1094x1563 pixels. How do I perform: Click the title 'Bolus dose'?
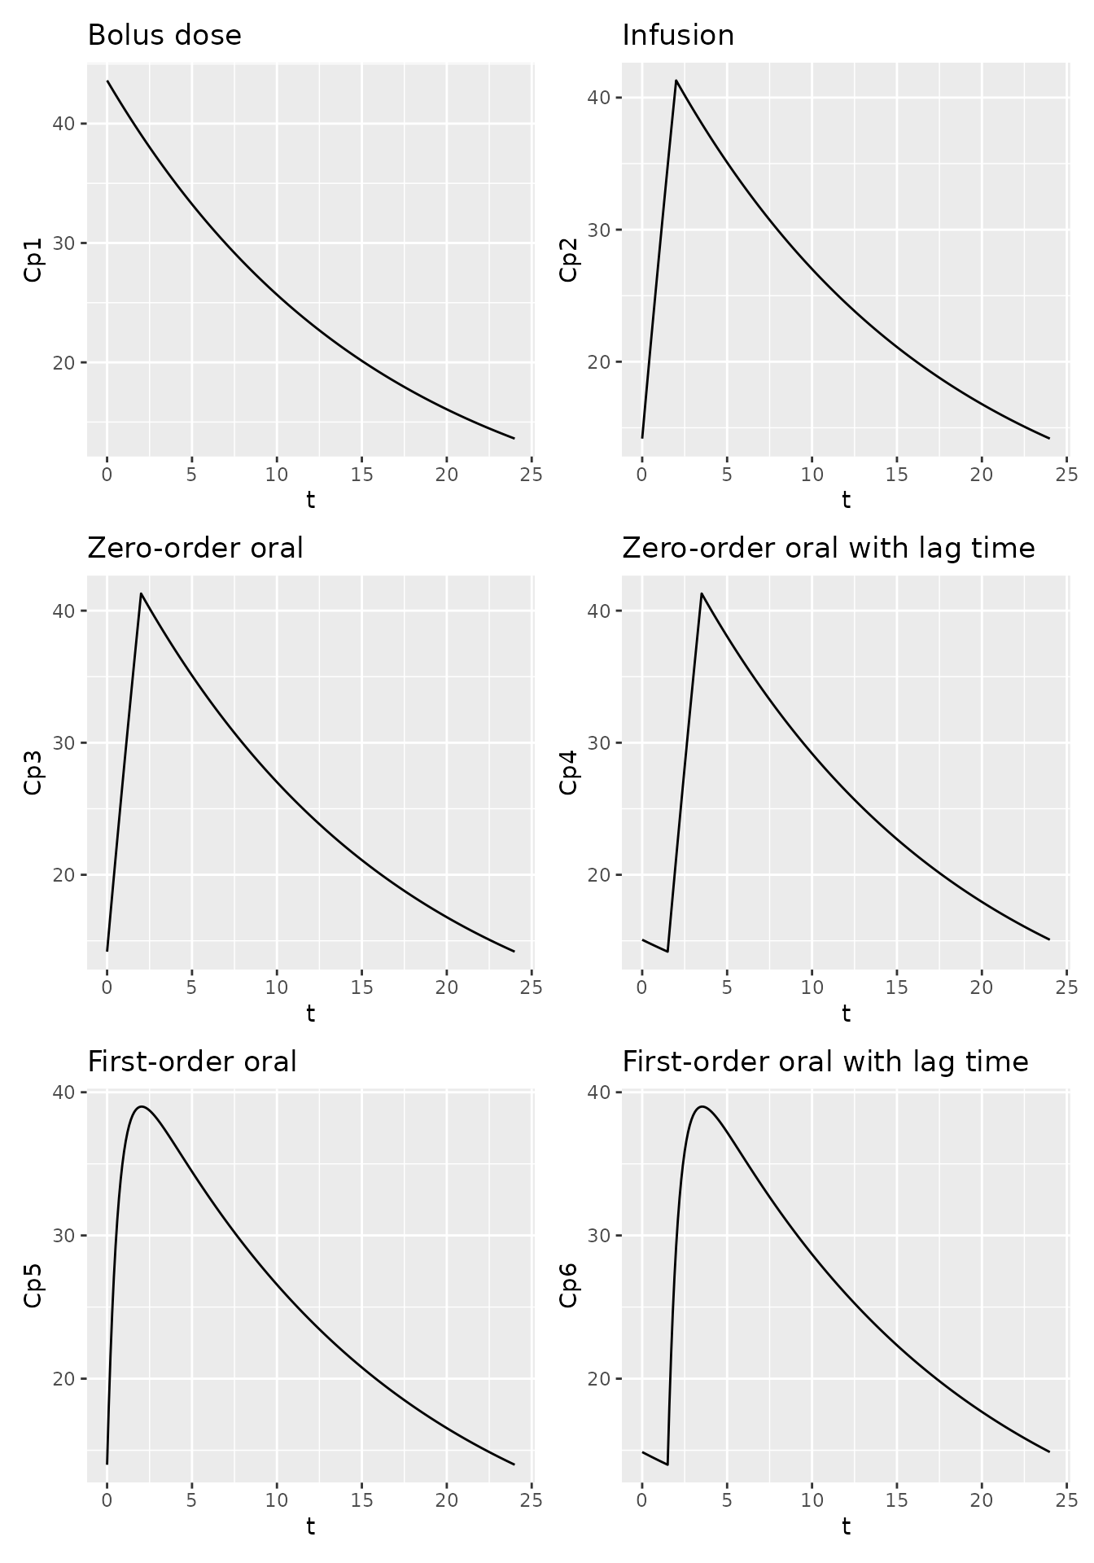click(164, 36)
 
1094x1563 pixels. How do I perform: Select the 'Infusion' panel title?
click(677, 36)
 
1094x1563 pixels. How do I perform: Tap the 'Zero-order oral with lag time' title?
click(828, 549)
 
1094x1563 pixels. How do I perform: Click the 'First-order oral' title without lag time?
click(191, 1062)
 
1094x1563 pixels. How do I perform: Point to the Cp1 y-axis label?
click(33, 261)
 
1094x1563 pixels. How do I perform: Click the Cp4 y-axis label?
click(568, 772)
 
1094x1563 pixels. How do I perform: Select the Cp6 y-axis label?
click(568, 1285)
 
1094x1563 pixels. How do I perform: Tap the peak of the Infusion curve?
click(676, 80)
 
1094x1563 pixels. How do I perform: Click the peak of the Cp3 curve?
click(141, 593)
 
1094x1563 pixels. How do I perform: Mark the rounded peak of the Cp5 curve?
click(142, 1106)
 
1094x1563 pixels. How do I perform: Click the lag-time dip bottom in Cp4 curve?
click(667, 951)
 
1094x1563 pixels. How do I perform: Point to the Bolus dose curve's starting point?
click(107, 81)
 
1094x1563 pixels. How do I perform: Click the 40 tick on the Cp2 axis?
click(599, 98)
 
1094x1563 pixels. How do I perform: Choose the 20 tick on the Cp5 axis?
click(64, 1379)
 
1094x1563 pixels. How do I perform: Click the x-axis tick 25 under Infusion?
click(1066, 475)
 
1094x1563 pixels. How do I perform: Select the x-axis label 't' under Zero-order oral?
click(310, 1014)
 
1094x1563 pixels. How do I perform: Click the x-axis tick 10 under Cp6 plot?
click(812, 1500)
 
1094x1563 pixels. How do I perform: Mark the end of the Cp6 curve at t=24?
click(1049, 1451)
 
